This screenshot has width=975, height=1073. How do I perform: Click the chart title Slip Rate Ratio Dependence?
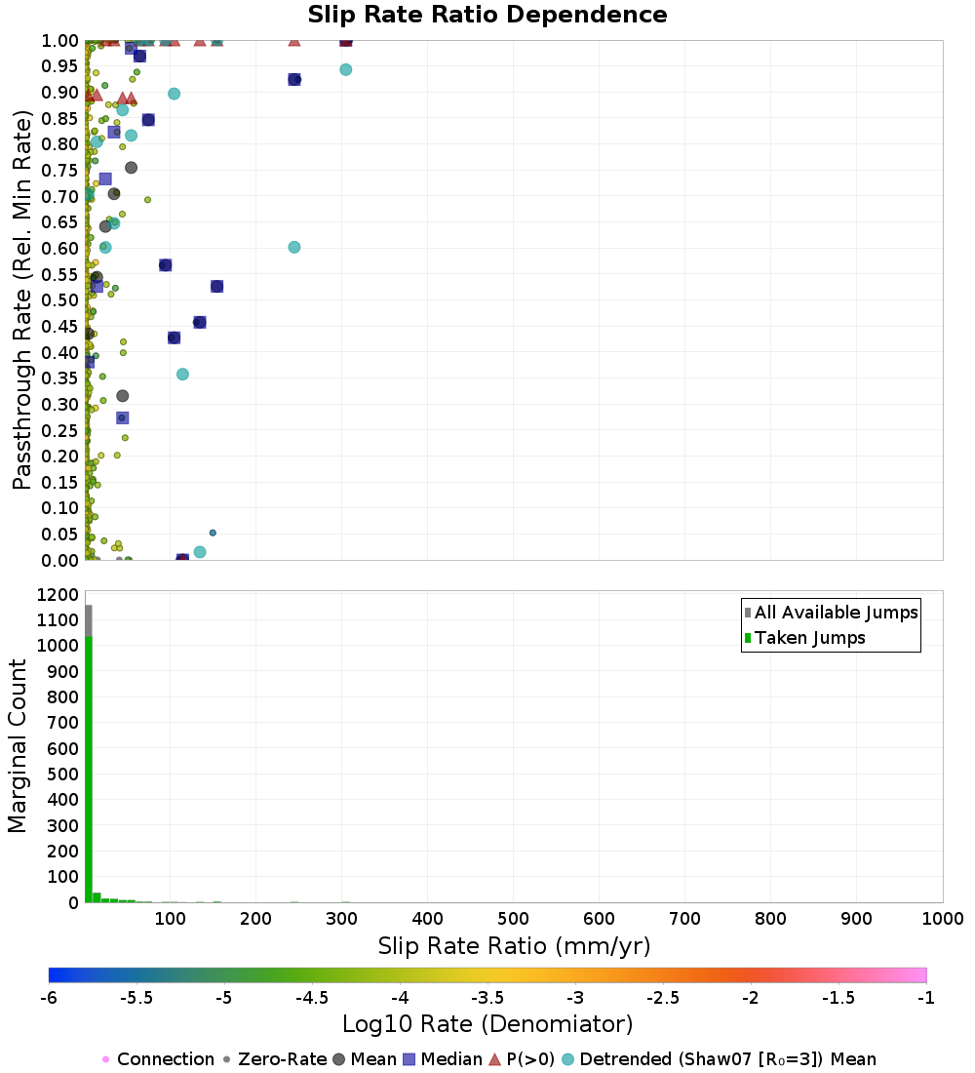tap(487, 15)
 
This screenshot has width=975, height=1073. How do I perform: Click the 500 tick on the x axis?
tap(513, 918)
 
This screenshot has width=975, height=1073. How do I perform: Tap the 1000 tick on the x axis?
tap(942, 918)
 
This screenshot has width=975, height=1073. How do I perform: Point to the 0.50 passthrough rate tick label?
tap(60, 299)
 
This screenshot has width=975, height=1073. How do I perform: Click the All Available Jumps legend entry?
tap(831, 613)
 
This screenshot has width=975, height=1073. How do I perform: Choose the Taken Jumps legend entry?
tap(804, 638)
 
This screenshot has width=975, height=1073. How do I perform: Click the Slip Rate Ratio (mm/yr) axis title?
tap(514, 946)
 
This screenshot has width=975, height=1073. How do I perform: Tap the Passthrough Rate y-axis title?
tap(21, 299)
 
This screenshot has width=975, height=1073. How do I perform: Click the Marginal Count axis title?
tap(18, 746)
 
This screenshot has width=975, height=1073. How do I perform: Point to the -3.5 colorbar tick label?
tap(489, 998)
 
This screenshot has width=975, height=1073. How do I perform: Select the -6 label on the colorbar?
tap(49, 998)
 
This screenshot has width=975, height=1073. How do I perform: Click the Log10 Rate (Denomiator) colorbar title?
tap(487, 1024)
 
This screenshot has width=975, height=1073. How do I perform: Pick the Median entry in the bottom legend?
tap(442, 1058)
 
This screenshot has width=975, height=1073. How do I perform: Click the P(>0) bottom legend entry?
tap(522, 1058)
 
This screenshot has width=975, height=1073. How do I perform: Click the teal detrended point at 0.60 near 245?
tap(294, 247)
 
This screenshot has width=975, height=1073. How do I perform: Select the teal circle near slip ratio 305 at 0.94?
tap(345, 70)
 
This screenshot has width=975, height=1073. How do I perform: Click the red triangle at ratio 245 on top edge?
tap(294, 40)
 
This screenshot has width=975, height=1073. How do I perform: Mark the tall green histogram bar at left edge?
tap(89, 770)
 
